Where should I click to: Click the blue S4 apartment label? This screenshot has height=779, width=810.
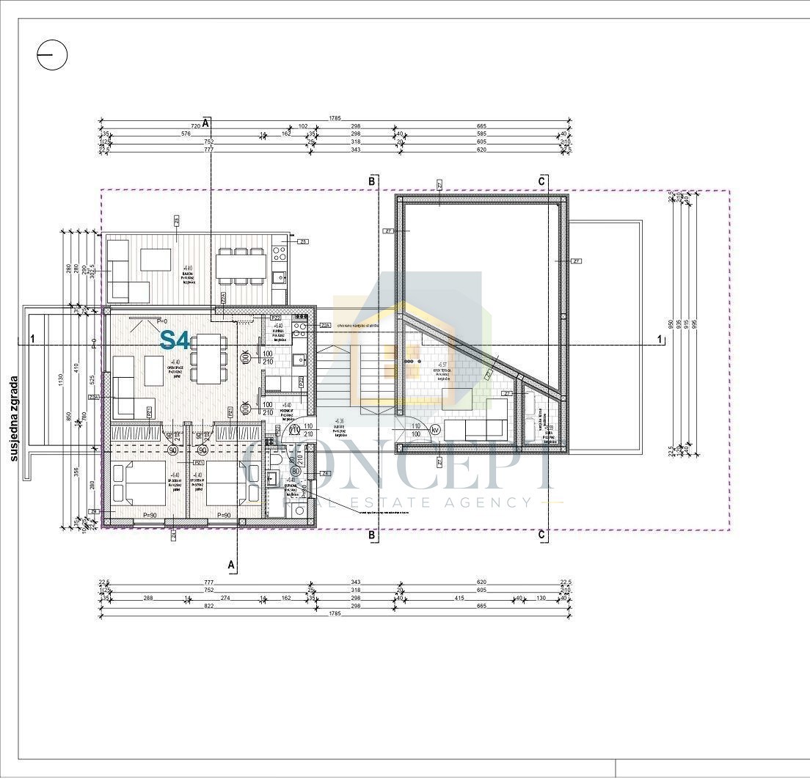coord(175,340)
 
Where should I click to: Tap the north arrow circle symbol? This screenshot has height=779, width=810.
coord(52,55)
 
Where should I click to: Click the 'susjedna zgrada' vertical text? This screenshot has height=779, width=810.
coord(14,418)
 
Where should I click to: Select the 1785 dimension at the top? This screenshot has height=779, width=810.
coord(335,118)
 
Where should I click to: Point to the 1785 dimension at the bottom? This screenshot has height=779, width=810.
coord(335,615)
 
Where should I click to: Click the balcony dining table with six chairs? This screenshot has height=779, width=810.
coord(240,266)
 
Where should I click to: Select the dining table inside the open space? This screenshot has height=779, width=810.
coord(208,357)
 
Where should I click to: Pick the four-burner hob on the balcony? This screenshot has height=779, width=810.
coord(280,254)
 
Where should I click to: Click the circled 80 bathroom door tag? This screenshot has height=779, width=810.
coord(296,470)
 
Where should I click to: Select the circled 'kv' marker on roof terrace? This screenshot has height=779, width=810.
coord(435,431)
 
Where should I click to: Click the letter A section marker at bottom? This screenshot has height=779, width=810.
coord(232,565)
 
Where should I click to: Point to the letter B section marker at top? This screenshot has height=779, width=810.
coord(372,180)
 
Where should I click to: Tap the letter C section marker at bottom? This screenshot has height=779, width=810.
coord(542,535)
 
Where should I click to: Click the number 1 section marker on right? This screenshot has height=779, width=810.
coord(662,339)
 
